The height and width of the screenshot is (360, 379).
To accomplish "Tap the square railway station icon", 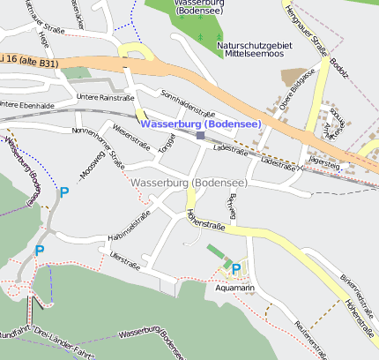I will [x=201, y=136].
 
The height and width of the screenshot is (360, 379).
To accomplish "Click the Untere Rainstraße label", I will [x=105, y=97].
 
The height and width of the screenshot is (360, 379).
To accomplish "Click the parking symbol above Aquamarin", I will [x=235, y=268].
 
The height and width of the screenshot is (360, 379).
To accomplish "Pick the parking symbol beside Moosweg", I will [x=63, y=191].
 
